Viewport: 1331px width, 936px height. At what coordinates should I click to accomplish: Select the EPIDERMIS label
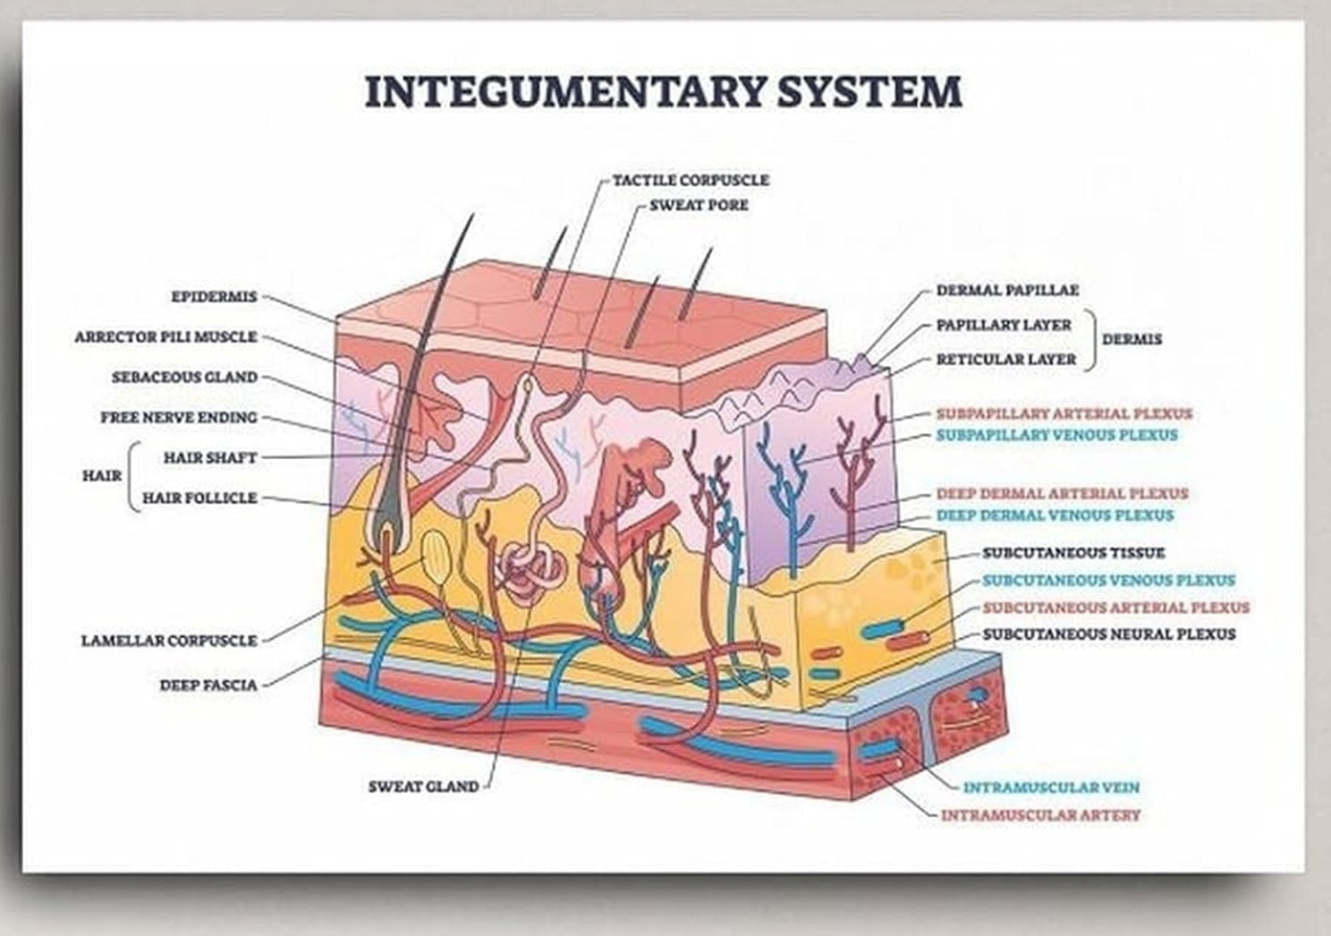[214, 296]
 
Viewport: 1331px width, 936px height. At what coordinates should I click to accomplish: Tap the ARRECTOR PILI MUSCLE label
[165, 337]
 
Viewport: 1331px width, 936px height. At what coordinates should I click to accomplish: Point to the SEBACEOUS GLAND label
[185, 378]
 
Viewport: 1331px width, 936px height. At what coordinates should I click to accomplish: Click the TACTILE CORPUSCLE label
[691, 180]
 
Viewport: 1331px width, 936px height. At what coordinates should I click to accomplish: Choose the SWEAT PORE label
[699, 205]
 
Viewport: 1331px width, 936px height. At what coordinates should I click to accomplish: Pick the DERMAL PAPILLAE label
[1008, 291]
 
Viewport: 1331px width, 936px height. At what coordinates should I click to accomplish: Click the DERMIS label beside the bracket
[1132, 339]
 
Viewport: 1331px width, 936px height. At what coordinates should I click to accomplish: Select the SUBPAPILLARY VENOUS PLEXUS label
[1057, 435]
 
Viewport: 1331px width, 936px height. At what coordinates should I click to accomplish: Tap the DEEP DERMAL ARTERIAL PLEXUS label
[1063, 494]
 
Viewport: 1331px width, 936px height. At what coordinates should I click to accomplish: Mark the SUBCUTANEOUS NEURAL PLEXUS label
[1109, 634]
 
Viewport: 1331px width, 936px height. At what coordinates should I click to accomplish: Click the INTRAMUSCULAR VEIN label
[1051, 787]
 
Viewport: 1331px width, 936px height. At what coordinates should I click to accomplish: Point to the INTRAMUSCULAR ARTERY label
[1040, 815]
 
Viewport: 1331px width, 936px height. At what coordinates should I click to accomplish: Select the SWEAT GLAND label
[424, 787]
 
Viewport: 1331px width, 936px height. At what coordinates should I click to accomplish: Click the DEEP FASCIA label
[208, 685]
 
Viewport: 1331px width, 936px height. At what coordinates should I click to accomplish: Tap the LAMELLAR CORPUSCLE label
[169, 641]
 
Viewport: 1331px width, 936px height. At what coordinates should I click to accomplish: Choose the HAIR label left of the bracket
[102, 476]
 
